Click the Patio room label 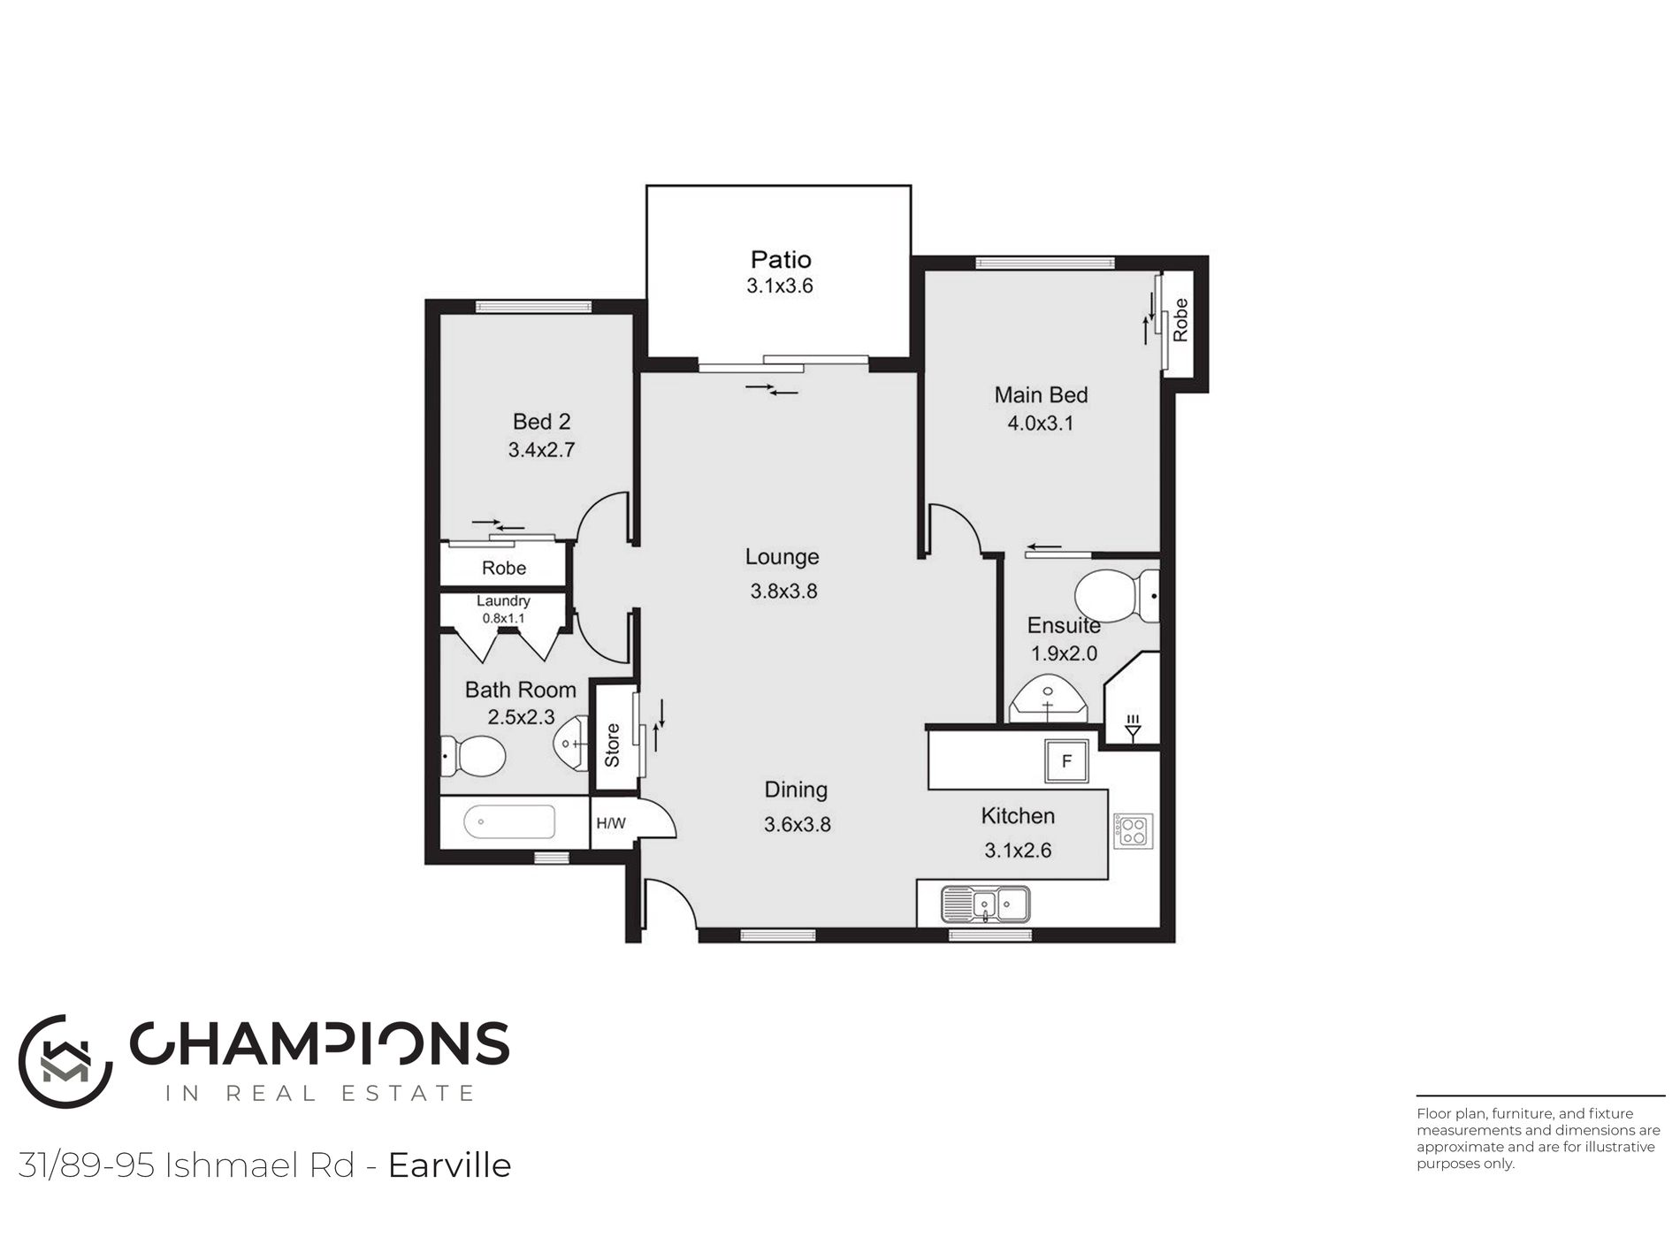click(781, 259)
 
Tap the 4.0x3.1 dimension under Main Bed click(1041, 423)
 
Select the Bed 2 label click(541, 422)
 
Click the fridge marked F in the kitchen click(1066, 760)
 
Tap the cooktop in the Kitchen click(1133, 831)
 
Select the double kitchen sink click(986, 904)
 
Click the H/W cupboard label click(610, 823)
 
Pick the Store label click(612, 745)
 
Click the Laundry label click(503, 601)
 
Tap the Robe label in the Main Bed click(1180, 320)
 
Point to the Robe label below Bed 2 click(504, 568)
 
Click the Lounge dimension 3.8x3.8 click(783, 591)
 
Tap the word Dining click(796, 790)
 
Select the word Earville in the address click(450, 1165)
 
